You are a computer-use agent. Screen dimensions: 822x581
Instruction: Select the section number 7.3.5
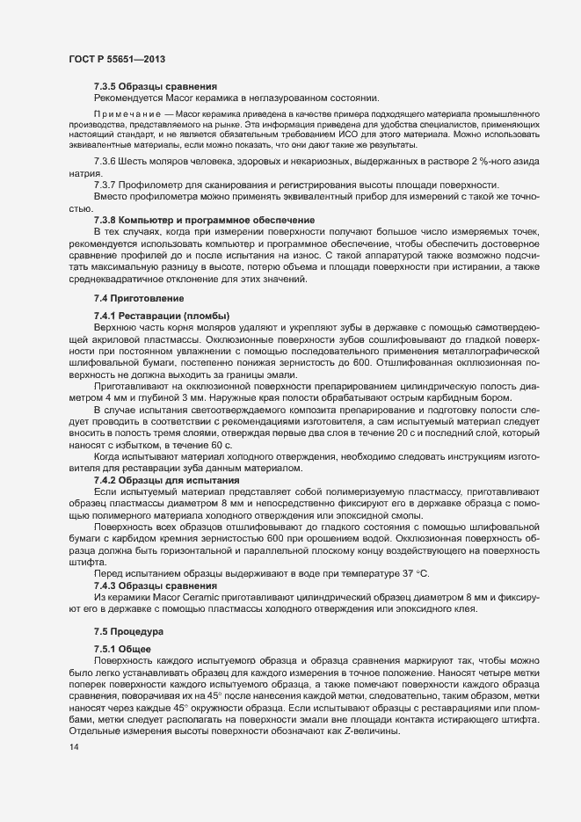[107, 86]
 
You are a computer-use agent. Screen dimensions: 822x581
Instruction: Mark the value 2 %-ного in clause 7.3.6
[474, 164]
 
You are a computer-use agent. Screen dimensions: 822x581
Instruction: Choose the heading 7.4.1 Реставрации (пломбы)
[162, 316]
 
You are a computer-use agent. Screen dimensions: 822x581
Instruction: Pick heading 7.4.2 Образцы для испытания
[166, 482]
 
